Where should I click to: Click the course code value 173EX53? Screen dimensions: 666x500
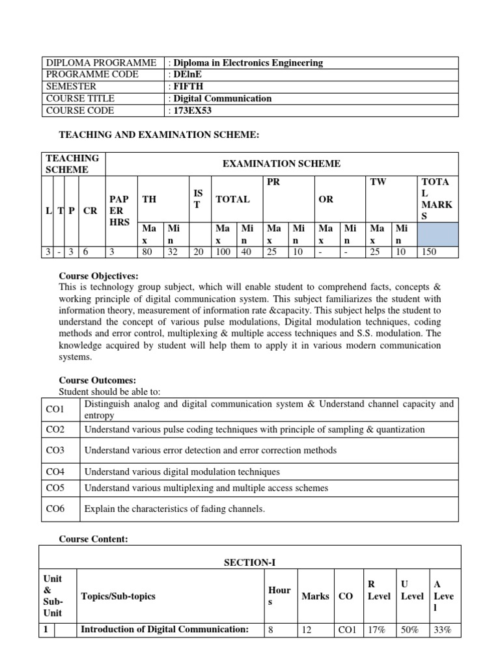point(192,111)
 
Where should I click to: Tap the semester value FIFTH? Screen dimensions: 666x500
point(187,87)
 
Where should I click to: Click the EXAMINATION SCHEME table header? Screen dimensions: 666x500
point(281,164)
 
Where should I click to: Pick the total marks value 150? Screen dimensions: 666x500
point(430,252)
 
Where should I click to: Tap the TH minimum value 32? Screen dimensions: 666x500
point(173,252)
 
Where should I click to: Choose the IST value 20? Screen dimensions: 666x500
point(199,252)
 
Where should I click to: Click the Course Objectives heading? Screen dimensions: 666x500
point(98,276)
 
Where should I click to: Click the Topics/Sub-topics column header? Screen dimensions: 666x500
point(118,596)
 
